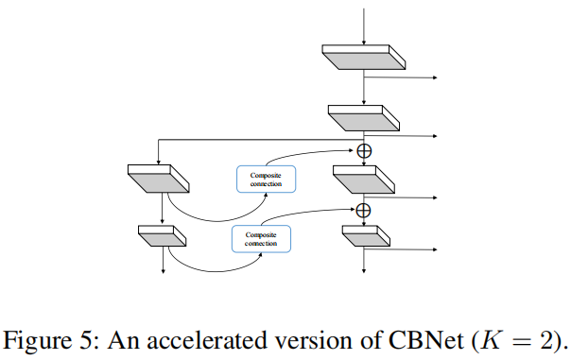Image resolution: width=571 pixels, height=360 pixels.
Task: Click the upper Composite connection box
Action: [265, 180]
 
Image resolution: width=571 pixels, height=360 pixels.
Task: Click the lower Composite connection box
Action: [261, 238]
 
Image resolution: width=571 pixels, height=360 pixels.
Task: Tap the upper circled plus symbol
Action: [364, 150]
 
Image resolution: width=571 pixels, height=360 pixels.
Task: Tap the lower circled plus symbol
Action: [364, 210]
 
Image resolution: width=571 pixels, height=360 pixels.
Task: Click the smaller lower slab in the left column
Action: [163, 235]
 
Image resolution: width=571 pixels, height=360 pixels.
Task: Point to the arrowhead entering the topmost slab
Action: [364, 41]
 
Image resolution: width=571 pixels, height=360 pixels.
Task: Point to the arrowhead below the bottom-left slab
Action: [164, 272]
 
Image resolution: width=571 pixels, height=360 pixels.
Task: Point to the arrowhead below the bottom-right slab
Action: [364, 272]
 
